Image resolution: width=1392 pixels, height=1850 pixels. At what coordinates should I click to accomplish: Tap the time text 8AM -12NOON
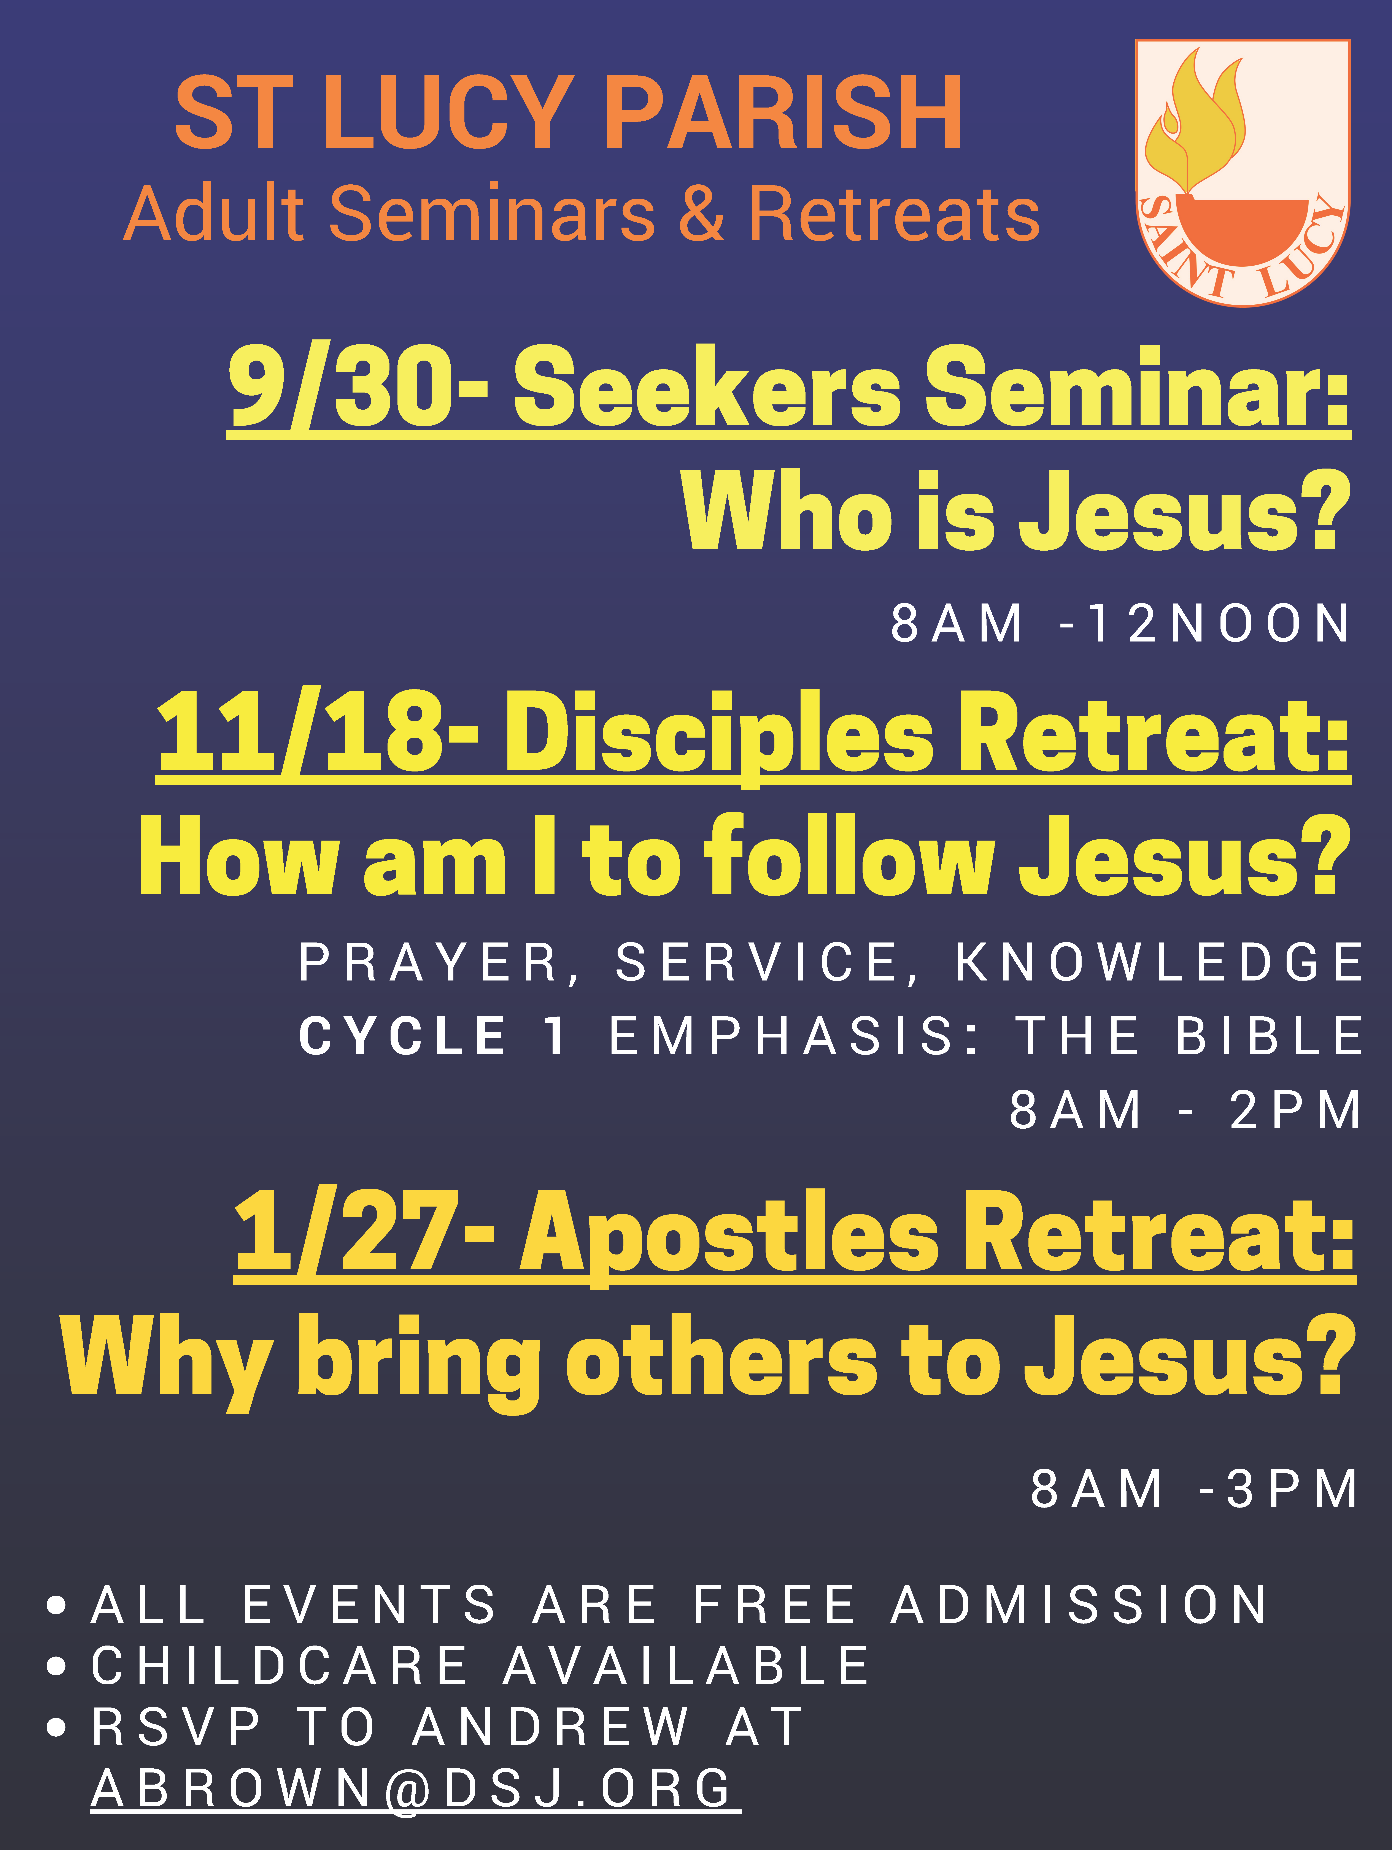click(1121, 623)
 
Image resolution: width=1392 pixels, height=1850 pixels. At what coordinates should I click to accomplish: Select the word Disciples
click(719, 736)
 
